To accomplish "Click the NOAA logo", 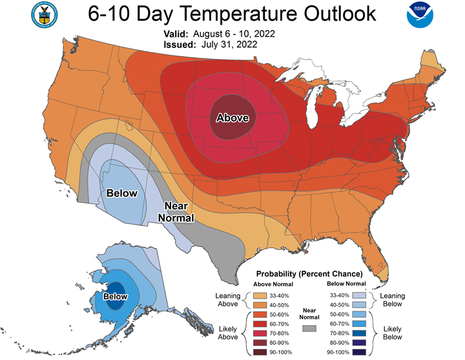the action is point(420,15).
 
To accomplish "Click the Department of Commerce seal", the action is point(45,15).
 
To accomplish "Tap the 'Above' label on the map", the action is point(232,118).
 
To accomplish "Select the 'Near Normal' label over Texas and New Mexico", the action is point(176,211).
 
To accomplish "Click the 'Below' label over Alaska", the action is point(116,296).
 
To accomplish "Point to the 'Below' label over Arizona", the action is point(122,193).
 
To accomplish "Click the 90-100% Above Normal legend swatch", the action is point(260,352).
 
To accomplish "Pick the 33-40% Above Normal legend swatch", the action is point(260,295).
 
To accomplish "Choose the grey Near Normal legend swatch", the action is point(309,328).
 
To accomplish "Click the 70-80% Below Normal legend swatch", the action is point(359,334).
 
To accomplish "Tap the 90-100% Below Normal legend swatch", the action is point(359,352).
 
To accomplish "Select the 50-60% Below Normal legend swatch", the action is point(359,314).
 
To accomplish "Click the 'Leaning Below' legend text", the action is point(393,300).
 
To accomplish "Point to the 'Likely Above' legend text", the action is point(228,333).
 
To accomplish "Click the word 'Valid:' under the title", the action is point(176,34).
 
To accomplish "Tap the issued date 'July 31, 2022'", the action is point(229,45).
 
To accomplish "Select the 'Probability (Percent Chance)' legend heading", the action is point(309,273).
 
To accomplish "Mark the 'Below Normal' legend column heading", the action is point(346,284).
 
